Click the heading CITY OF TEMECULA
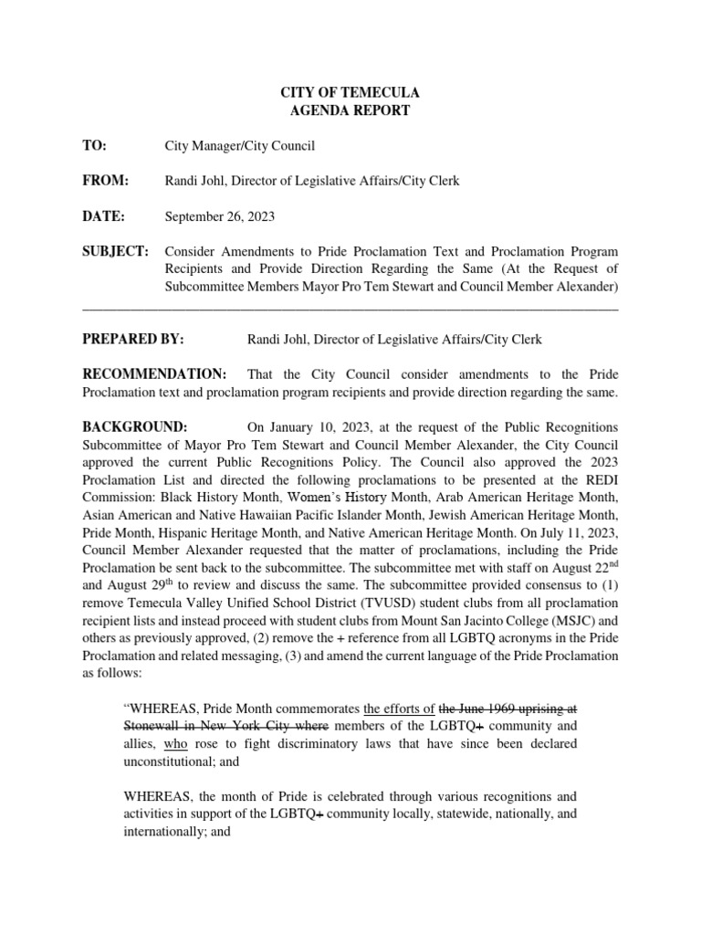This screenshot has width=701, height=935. point(350,93)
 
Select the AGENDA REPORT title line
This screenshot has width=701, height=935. point(350,110)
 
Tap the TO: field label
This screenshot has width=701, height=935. point(95,145)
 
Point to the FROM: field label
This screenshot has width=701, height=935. point(106,181)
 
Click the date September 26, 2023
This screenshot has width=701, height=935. point(219,216)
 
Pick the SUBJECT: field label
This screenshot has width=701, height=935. point(115,252)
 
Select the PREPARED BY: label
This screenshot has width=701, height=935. point(133,339)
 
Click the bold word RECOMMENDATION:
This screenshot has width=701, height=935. point(154,374)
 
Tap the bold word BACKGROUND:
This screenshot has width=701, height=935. point(135,427)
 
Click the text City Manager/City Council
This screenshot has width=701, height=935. point(239,145)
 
